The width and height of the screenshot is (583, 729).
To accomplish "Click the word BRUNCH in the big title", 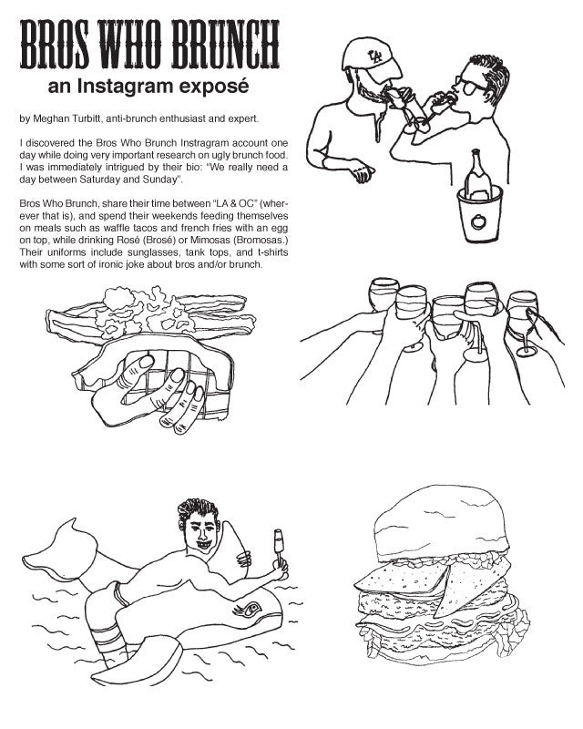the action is pyautogui.click(x=226, y=44).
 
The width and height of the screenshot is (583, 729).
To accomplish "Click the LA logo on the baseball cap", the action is pyautogui.click(x=374, y=56).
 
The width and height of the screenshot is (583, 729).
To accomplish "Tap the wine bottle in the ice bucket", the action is pyautogui.click(x=477, y=174).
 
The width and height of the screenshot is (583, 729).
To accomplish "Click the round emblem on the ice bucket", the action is pyautogui.click(x=478, y=221).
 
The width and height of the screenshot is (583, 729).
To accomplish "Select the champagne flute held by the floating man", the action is pyautogui.click(x=279, y=546).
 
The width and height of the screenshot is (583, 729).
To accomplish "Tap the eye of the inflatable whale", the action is pyautogui.click(x=251, y=609).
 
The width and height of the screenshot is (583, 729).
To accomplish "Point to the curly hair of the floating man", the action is pyautogui.click(x=197, y=510).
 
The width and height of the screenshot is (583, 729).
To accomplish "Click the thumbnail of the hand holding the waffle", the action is pyautogui.click(x=147, y=361).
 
